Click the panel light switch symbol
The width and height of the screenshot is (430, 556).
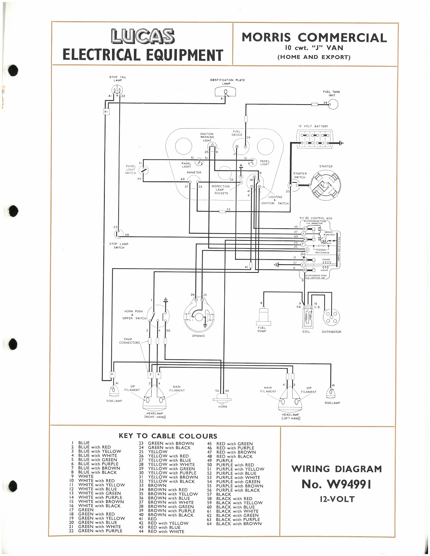click(143, 170)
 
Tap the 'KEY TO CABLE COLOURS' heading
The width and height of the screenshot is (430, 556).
click(168, 436)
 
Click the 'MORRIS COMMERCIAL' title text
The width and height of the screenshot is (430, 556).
click(314, 38)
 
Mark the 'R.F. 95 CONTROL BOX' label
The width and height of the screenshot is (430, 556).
click(316, 218)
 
